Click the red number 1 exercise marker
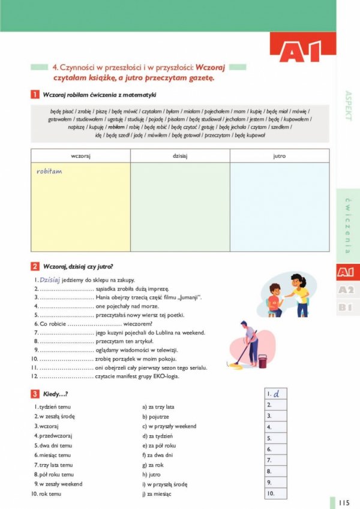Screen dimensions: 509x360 35,94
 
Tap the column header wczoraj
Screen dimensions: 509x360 80,156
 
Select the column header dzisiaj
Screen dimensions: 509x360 180,156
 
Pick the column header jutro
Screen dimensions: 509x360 279,156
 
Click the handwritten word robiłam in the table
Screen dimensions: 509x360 49,171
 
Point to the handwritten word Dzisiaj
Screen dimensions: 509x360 50,280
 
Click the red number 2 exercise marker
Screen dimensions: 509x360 35,267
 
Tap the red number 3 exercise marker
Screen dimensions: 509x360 35,394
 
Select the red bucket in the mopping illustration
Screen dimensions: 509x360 262,361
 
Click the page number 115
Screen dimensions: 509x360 344,502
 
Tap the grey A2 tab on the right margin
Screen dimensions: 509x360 346,290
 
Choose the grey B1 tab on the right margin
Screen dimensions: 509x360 346,308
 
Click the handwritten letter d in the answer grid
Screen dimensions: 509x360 277,394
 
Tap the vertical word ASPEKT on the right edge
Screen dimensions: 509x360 348,106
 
